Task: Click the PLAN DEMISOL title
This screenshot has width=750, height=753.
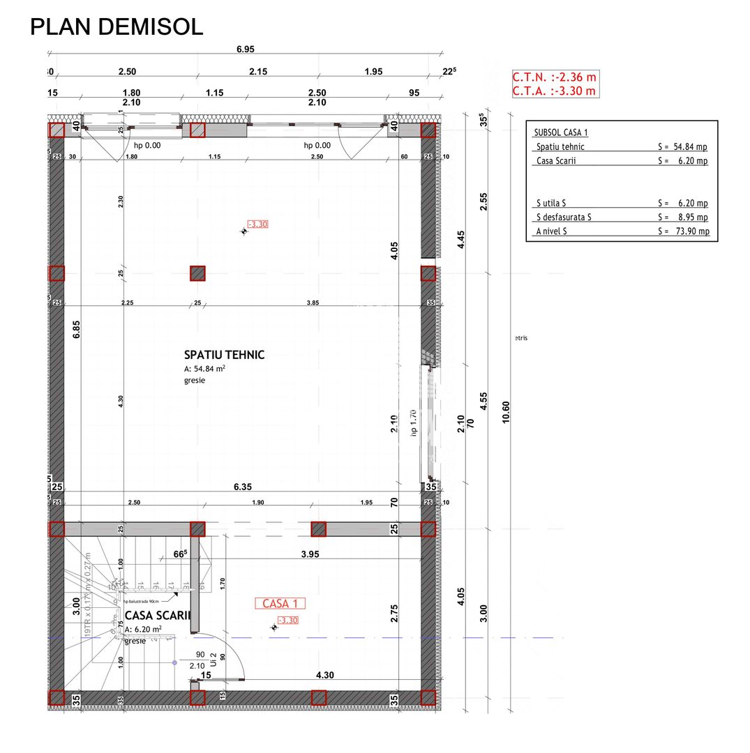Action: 117,26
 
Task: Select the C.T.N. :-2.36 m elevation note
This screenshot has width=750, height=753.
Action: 554,77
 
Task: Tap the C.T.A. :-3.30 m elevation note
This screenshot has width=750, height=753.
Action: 554,91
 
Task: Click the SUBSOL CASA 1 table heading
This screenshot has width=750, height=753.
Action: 561,132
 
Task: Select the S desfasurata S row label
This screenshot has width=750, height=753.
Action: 564,218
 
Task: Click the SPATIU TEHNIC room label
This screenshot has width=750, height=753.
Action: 224,355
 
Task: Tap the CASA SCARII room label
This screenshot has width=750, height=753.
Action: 157,616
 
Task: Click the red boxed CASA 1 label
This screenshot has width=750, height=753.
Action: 280,604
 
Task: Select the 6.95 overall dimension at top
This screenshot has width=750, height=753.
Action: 245,49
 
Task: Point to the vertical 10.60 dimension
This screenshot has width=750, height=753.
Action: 506,412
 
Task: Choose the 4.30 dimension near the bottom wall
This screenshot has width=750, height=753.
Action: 325,675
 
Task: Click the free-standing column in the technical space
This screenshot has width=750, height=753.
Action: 197,273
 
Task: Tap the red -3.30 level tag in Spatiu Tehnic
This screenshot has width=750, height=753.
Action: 257,225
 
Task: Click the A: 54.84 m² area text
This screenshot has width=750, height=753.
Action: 204,369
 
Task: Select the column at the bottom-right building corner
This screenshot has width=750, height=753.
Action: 428,697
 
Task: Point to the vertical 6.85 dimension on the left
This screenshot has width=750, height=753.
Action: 77,329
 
